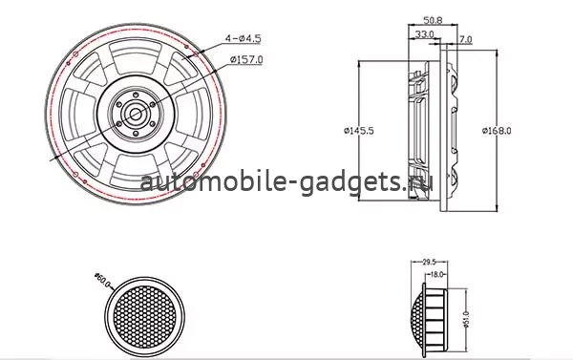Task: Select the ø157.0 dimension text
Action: [x=246, y=60]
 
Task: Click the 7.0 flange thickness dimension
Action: [x=465, y=39]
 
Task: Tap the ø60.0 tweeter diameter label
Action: [x=103, y=284]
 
